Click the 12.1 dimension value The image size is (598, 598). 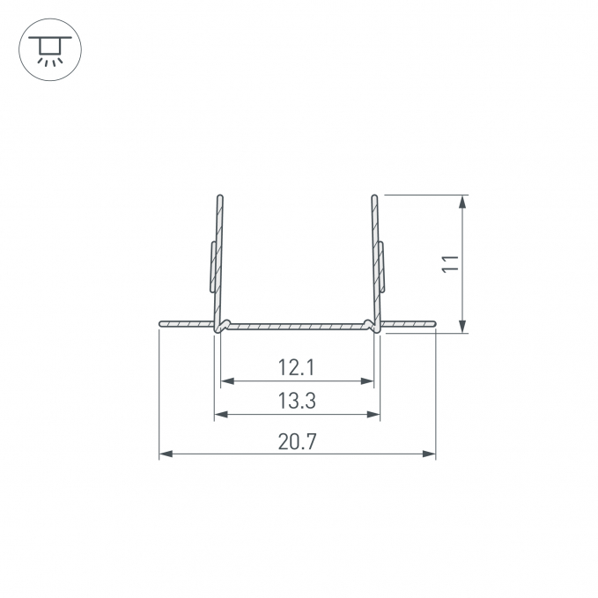click(296, 367)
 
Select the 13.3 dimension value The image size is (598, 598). click(297, 401)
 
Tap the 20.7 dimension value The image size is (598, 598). click(297, 441)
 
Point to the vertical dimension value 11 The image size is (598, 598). click(450, 263)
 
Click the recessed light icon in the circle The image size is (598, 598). click(50, 49)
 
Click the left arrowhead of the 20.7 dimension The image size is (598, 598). click(166, 454)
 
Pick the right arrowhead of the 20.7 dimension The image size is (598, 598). click(429, 454)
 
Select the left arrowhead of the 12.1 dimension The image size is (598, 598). click(227, 380)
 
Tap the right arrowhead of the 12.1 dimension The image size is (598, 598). click(367, 380)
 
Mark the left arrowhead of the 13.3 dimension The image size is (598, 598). click(221, 414)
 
